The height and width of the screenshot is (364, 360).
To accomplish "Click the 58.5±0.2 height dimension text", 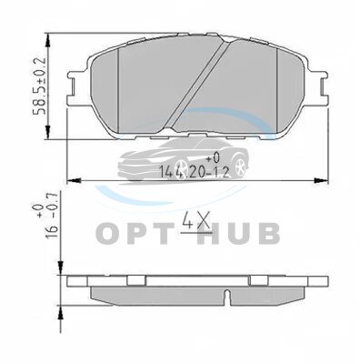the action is pos(40,86).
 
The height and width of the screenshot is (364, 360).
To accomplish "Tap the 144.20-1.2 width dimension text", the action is pos(194,172).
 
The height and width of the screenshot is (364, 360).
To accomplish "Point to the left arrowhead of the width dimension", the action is pos(74,180).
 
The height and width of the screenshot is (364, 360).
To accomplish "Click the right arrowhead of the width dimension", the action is pos(321,180).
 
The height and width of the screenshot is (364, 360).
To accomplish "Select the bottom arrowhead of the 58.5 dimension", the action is pos(47,132).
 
